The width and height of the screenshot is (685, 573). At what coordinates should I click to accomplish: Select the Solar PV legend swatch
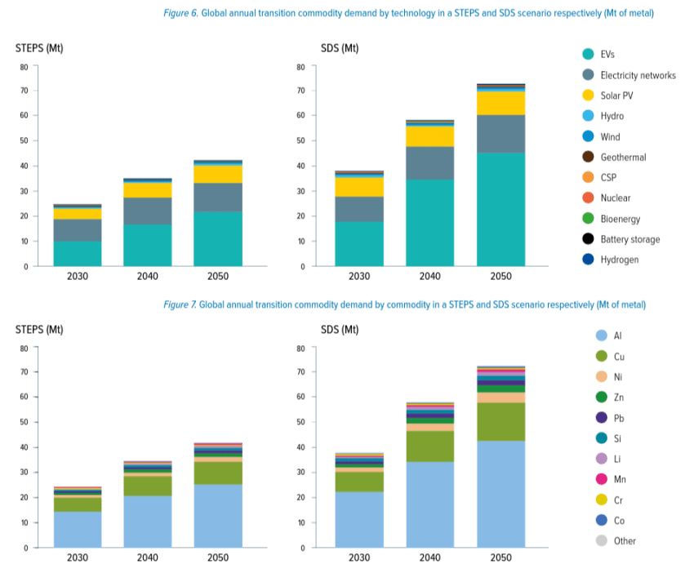[x=588, y=95]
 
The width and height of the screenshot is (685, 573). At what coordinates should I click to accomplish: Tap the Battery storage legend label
[x=630, y=239]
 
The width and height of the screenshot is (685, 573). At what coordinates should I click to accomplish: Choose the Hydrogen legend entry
[x=612, y=260]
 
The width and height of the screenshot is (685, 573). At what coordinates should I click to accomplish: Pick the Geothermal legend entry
[x=615, y=157]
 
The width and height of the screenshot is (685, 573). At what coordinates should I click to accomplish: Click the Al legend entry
[x=606, y=335]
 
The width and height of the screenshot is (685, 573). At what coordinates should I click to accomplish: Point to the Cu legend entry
[x=607, y=357]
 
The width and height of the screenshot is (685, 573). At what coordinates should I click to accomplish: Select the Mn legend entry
[x=607, y=479]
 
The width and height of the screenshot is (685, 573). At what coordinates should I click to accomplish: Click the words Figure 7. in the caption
[x=180, y=304]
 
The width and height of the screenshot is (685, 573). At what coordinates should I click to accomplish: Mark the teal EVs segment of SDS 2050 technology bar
[x=500, y=210]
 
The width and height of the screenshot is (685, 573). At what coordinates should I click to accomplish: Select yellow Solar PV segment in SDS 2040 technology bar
[x=430, y=135]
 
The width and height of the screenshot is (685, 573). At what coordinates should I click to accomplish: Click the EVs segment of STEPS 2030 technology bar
[x=78, y=253]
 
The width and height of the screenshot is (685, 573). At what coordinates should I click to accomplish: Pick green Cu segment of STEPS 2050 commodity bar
[x=218, y=473]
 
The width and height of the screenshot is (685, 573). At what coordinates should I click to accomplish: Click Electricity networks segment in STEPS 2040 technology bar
[x=148, y=211]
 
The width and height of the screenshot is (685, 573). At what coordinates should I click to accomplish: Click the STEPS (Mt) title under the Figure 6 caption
[x=39, y=48]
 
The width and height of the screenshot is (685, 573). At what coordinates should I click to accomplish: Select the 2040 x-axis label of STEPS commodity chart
[x=148, y=557]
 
